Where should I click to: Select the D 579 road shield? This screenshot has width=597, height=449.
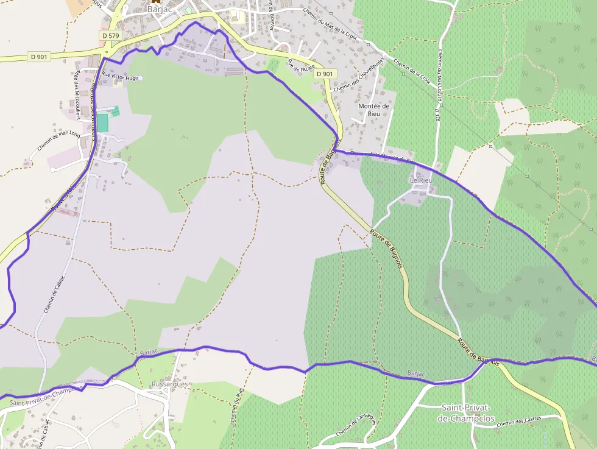110,36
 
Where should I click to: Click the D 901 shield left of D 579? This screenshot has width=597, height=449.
38,57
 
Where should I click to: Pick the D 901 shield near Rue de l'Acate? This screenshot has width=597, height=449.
325,74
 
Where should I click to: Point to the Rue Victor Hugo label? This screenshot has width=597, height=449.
121,77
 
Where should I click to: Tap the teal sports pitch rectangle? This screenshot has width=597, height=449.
102,122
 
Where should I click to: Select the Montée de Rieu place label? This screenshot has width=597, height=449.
374,110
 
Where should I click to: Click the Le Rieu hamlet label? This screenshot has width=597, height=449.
421,181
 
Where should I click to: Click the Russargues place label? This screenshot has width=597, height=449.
170,384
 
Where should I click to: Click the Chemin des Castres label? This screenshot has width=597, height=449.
520,421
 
